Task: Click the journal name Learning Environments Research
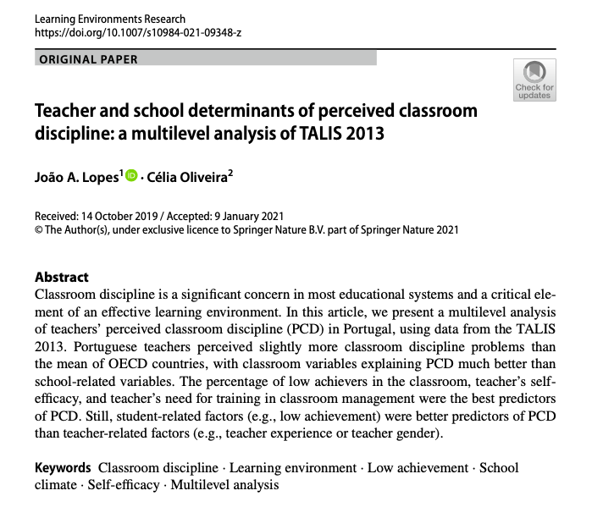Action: coord(109,19)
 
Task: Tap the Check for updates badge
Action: coord(534,80)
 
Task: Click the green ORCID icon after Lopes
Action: coord(131,174)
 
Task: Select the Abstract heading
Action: coord(61,277)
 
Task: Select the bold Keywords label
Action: coord(63,467)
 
